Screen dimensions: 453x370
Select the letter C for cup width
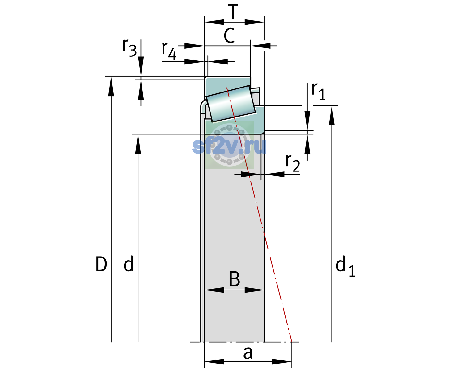point(229,35)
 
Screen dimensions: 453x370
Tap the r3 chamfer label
point(129,48)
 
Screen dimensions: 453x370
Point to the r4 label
point(169,51)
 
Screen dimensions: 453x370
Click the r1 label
point(318,91)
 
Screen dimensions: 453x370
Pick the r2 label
point(293,163)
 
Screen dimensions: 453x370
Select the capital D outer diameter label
point(101,264)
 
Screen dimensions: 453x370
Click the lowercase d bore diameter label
point(129,264)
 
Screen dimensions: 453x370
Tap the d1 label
point(345,266)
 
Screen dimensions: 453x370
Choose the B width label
point(234,279)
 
